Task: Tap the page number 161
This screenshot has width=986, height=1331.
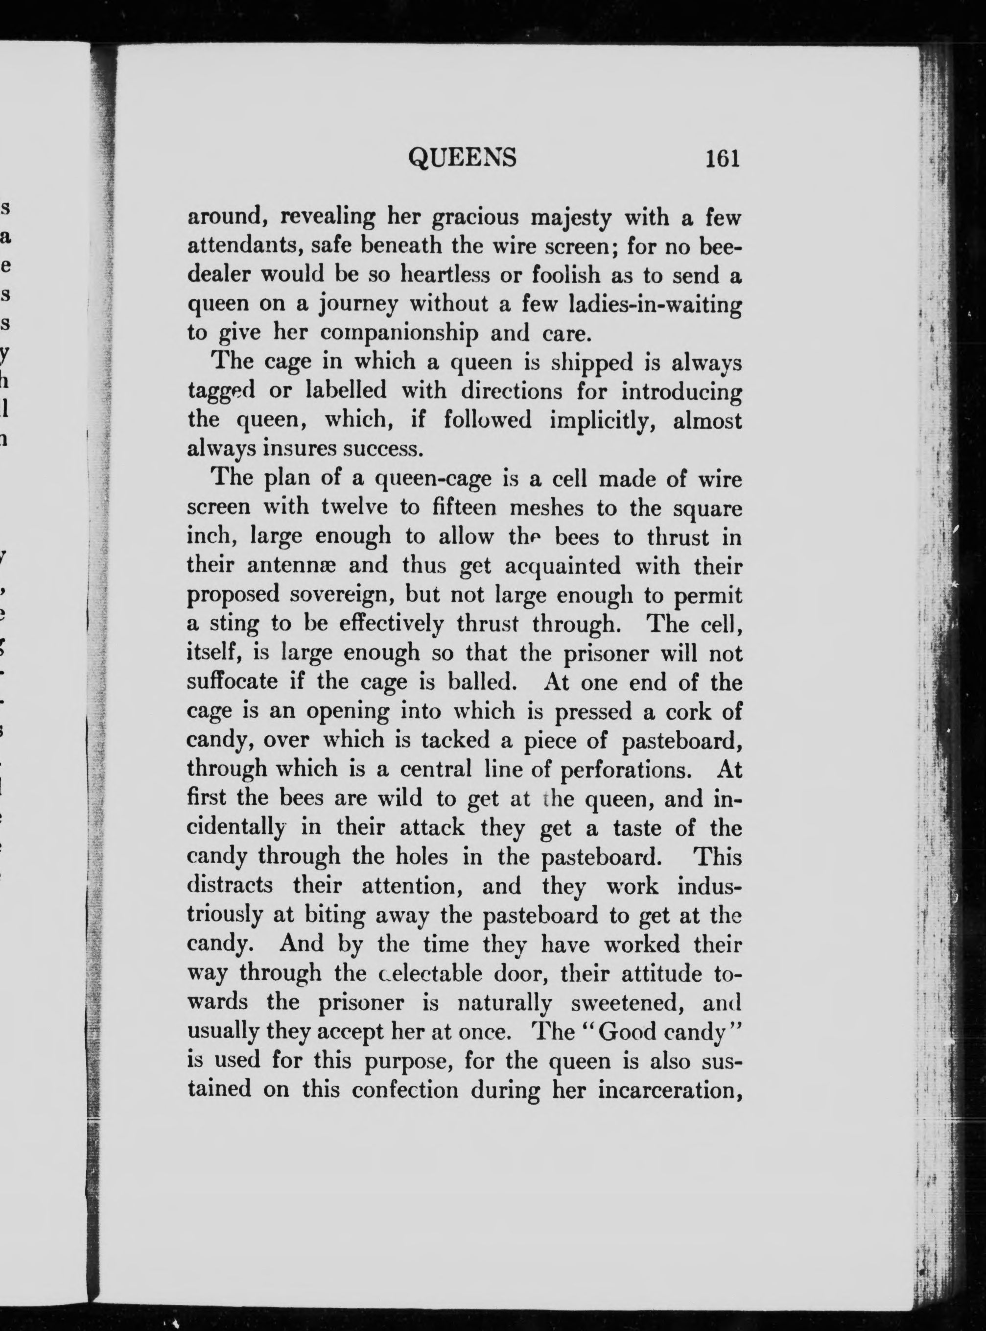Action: coord(722,159)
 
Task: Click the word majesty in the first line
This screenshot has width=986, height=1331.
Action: coord(571,218)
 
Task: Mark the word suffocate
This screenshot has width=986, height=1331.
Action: coord(232,681)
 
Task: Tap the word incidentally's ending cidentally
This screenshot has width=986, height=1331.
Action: coord(236,828)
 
